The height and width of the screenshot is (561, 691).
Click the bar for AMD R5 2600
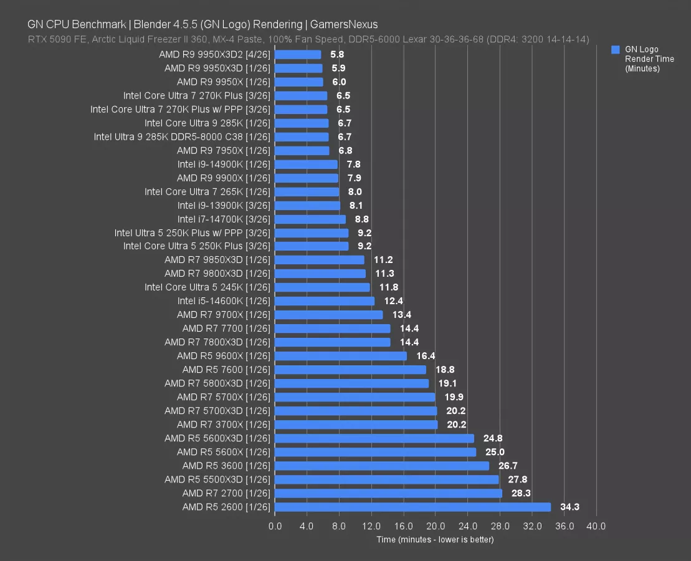(x=412, y=507)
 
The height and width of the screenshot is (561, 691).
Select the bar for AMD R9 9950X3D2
(x=298, y=55)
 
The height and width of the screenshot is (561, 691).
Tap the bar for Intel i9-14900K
(x=306, y=165)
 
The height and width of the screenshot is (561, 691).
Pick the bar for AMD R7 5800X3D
(x=351, y=383)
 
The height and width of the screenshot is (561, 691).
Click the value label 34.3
(x=569, y=507)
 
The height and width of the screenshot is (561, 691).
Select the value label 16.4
(x=426, y=356)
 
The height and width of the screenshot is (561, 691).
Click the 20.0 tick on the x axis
(x=435, y=526)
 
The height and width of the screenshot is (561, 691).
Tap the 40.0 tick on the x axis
(x=596, y=526)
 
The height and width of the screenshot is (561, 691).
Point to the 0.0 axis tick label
(x=275, y=526)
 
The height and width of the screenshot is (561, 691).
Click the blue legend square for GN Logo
(x=616, y=49)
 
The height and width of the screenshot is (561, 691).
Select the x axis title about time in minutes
(x=435, y=539)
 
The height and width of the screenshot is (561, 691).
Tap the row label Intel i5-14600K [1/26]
(x=224, y=301)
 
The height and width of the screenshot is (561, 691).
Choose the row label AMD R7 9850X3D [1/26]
(x=217, y=260)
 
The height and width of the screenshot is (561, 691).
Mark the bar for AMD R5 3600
(x=382, y=466)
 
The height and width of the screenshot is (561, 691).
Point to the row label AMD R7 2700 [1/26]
(x=226, y=493)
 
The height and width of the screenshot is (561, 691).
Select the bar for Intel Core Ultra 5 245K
(x=322, y=287)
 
